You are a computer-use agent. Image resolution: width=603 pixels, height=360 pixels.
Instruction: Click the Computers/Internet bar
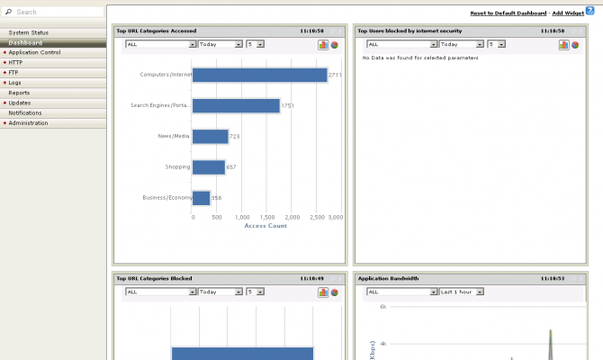click(x=259, y=75)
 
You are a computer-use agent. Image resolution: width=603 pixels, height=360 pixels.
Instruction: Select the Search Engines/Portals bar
click(x=236, y=105)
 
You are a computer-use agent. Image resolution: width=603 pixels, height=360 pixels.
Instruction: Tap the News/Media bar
click(x=211, y=136)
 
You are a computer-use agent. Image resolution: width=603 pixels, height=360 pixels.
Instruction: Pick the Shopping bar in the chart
click(x=209, y=166)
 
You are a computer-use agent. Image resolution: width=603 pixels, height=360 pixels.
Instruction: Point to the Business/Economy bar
click(x=202, y=197)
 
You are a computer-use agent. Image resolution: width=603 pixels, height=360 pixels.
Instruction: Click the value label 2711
click(x=335, y=75)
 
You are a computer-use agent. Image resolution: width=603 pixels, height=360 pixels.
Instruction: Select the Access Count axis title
click(x=265, y=226)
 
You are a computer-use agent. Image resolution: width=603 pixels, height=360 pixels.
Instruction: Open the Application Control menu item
click(x=34, y=52)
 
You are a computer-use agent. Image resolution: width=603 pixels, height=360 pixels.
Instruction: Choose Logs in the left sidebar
click(x=15, y=83)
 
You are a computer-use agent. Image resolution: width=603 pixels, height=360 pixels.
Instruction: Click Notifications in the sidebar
click(x=25, y=112)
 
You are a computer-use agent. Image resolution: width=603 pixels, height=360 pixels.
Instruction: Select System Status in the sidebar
click(x=29, y=32)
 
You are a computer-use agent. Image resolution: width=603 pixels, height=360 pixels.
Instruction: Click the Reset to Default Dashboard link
click(x=508, y=13)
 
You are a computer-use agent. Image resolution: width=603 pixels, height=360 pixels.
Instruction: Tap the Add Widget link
click(x=568, y=13)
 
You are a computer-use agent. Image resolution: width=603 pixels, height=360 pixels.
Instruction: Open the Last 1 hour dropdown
click(x=462, y=292)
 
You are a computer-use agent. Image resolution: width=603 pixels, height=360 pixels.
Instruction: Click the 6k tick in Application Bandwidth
click(x=382, y=307)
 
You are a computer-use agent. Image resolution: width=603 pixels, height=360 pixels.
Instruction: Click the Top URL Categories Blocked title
click(x=154, y=278)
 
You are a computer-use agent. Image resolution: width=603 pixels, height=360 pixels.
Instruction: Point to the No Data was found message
click(x=420, y=58)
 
